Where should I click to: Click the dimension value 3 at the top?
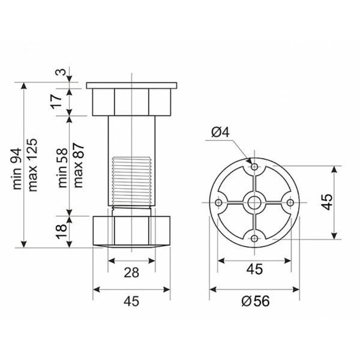(61, 72)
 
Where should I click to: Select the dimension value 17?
(56, 101)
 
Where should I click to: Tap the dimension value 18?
(61, 232)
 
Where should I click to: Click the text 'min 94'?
(17, 169)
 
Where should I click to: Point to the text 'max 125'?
(32, 165)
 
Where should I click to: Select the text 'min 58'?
(63, 168)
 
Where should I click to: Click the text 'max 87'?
(79, 166)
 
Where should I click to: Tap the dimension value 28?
(131, 272)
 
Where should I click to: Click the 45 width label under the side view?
(131, 301)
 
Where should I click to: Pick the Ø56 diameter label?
(256, 301)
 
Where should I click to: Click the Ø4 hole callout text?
(220, 132)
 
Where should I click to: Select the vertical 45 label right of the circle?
(327, 202)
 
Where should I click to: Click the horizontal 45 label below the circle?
(254, 269)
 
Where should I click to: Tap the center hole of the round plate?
(254, 203)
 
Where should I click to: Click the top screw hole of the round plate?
(254, 166)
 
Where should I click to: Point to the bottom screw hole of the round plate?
(254, 239)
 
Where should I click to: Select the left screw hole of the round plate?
(219, 203)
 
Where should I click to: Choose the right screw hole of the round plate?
(290, 203)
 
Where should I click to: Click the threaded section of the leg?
(131, 181)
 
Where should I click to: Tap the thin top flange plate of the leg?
(131, 85)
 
